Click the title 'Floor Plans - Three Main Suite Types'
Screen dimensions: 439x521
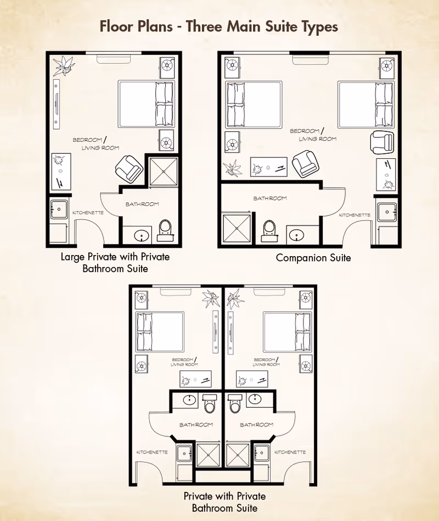[219, 26]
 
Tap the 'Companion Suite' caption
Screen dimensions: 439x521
[313, 258]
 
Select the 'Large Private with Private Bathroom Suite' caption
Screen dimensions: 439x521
[115, 263]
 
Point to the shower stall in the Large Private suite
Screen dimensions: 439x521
[164, 171]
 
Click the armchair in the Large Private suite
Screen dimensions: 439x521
[129, 168]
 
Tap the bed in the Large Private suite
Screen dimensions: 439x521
[147, 104]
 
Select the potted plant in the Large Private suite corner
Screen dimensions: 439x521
[64, 65]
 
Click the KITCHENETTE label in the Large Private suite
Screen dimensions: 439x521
[88, 213]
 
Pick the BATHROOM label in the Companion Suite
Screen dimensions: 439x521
[270, 198]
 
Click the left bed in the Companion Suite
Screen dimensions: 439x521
[254, 104]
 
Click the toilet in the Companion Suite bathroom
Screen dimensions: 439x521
[269, 231]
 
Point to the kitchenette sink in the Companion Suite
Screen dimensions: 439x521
[387, 212]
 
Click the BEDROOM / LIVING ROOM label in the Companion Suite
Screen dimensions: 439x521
[312, 135]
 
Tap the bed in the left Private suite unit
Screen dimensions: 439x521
[160, 332]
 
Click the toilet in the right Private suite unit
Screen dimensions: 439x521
[234, 403]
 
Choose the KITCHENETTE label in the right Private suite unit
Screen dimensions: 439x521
[290, 452]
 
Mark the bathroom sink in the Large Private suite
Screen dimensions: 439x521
[142, 236]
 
